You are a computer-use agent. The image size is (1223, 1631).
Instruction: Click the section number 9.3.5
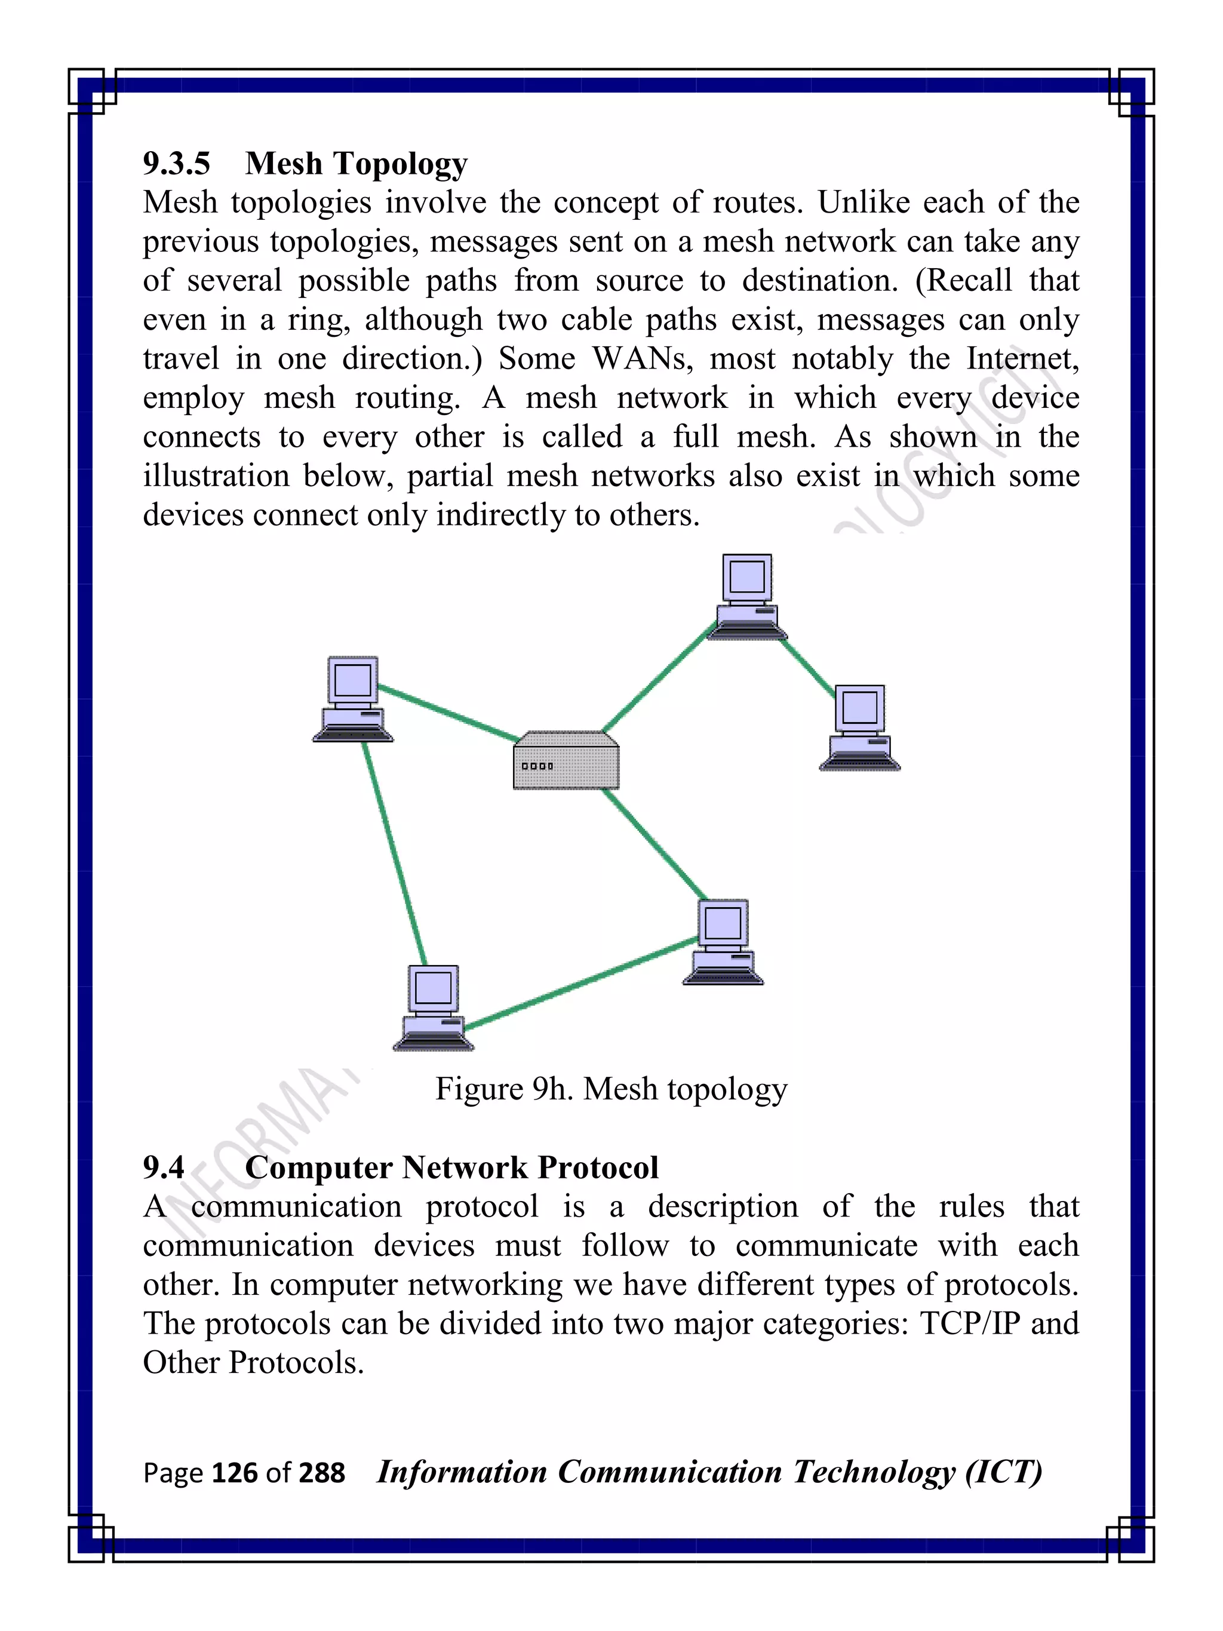[176, 163]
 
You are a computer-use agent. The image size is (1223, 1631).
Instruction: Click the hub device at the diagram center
[566, 761]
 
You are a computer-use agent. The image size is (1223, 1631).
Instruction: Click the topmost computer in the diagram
[747, 597]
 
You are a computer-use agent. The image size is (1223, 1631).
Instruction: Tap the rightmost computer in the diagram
[859, 729]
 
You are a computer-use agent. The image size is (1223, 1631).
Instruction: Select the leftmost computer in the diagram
[353, 699]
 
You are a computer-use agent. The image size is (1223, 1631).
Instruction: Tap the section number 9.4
[164, 1167]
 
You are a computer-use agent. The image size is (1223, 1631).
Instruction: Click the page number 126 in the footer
[235, 1473]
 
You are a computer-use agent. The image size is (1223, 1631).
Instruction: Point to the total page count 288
[322, 1473]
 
